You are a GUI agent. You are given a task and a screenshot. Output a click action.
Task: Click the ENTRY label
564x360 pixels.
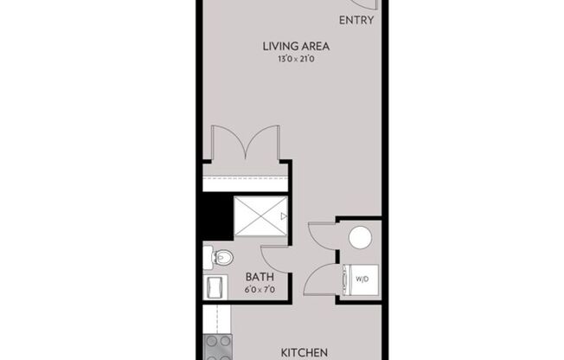click(x=357, y=21)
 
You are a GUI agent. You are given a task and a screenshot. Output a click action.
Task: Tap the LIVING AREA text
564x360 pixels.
click(x=295, y=46)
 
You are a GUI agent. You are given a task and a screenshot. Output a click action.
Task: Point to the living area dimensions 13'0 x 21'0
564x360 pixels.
click(x=295, y=60)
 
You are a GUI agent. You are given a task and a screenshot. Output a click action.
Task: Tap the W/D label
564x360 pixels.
click(x=361, y=278)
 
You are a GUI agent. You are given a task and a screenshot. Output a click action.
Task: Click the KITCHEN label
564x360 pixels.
click(x=304, y=352)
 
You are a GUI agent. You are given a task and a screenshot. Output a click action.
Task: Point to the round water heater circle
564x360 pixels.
click(x=359, y=237)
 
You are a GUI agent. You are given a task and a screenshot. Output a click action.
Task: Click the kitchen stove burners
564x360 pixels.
click(x=217, y=346)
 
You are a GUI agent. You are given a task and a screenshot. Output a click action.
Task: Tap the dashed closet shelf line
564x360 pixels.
click(x=245, y=177)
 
